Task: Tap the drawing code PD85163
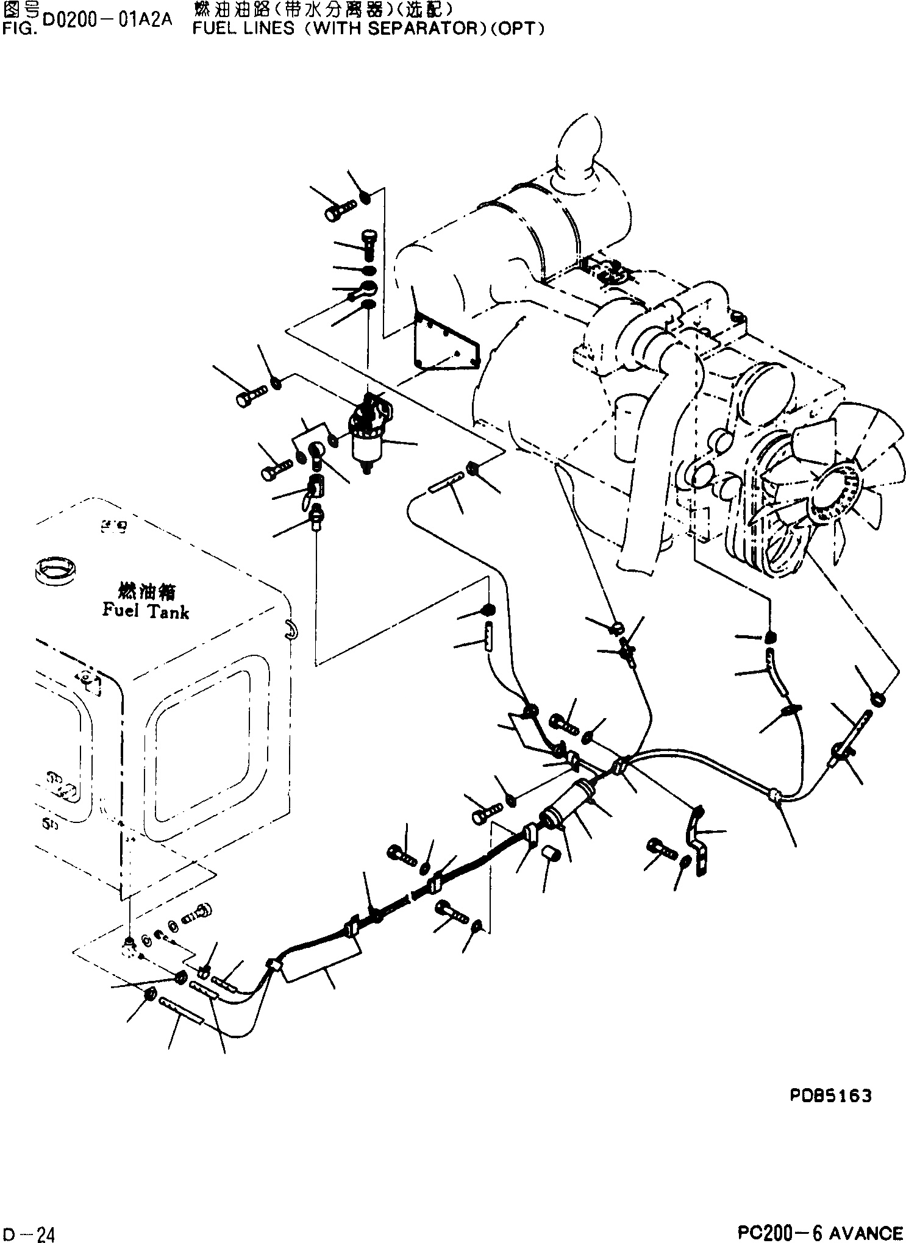point(830,1096)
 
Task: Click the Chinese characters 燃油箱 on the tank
point(145,592)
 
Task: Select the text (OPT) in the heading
point(517,29)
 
